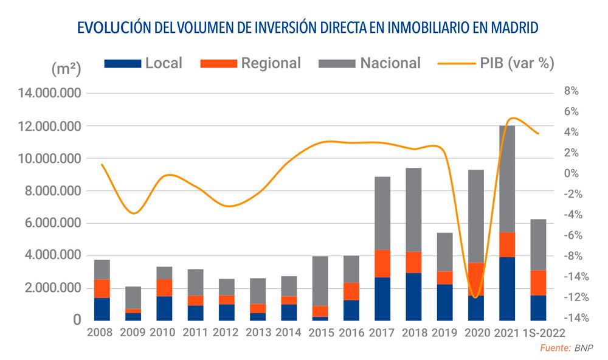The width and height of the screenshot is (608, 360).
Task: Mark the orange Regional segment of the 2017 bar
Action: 383,263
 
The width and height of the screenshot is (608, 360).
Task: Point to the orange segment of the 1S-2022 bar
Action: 538,283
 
